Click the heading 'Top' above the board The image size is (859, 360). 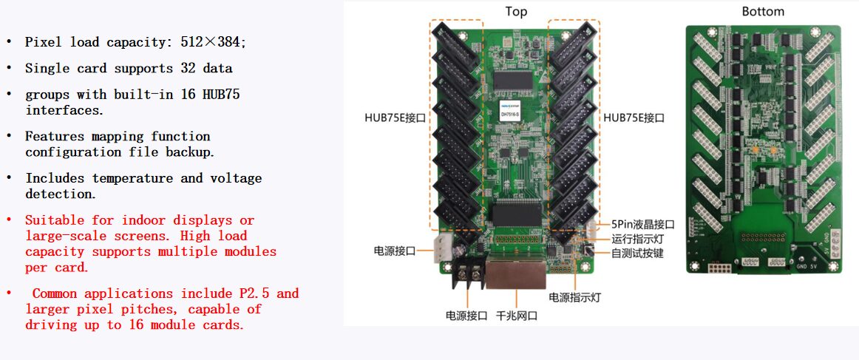tap(516, 11)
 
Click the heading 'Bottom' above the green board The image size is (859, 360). tap(762, 11)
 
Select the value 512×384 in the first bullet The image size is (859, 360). tap(210, 42)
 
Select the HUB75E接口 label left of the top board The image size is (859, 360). tap(395, 118)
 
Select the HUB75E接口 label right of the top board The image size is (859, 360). tap(634, 118)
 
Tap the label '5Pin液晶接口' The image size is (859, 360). tap(643, 224)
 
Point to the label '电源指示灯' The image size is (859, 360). tap(574, 297)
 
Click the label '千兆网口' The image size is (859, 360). tap(516, 316)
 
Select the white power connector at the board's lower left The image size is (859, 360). tap(445, 249)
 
